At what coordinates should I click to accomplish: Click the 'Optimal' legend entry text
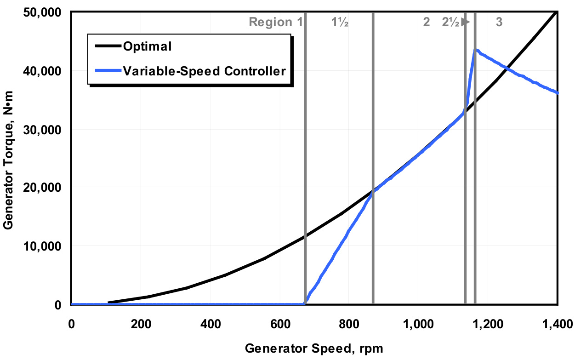click(147, 46)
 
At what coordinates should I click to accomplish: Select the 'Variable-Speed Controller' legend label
click(204, 71)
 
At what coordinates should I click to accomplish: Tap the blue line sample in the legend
click(108, 71)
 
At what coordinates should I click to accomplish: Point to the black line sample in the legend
click(108, 46)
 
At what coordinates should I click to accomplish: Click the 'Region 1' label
click(275, 22)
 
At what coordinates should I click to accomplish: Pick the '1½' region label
click(340, 22)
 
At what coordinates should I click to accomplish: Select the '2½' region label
click(451, 22)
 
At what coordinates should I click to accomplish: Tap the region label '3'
click(499, 22)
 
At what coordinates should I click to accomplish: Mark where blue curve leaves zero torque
click(306, 303)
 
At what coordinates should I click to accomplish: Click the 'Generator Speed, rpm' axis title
click(313, 348)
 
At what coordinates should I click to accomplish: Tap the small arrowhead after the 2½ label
click(467, 22)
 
